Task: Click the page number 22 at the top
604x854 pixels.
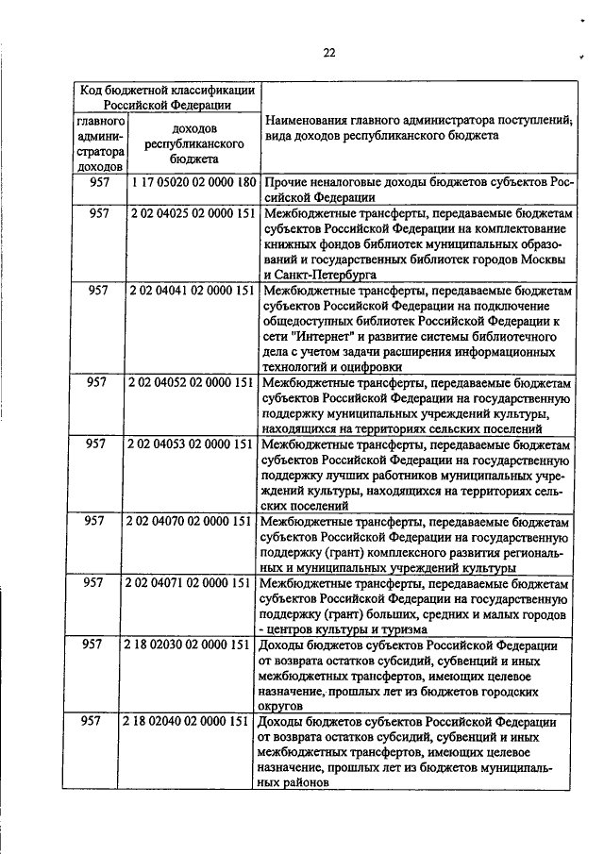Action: click(329, 52)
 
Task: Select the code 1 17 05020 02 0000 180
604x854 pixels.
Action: click(195, 182)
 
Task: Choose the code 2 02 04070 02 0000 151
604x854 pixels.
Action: click(192, 521)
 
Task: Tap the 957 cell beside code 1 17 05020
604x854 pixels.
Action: click(99, 182)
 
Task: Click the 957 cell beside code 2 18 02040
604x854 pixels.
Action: click(92, 721)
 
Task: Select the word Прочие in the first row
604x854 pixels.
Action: click(289, 182)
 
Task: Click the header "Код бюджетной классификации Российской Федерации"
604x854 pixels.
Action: click(166, 97)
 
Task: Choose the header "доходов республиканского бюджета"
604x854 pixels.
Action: click(195, 144)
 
